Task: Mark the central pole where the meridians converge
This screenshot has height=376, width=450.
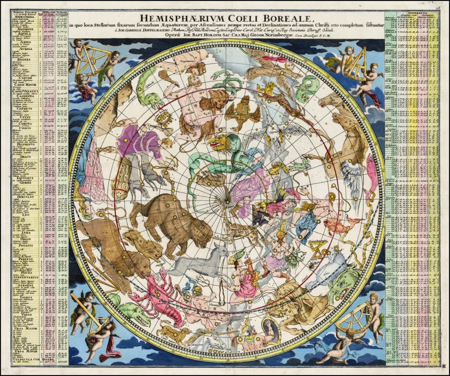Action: (x=227, y=201)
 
